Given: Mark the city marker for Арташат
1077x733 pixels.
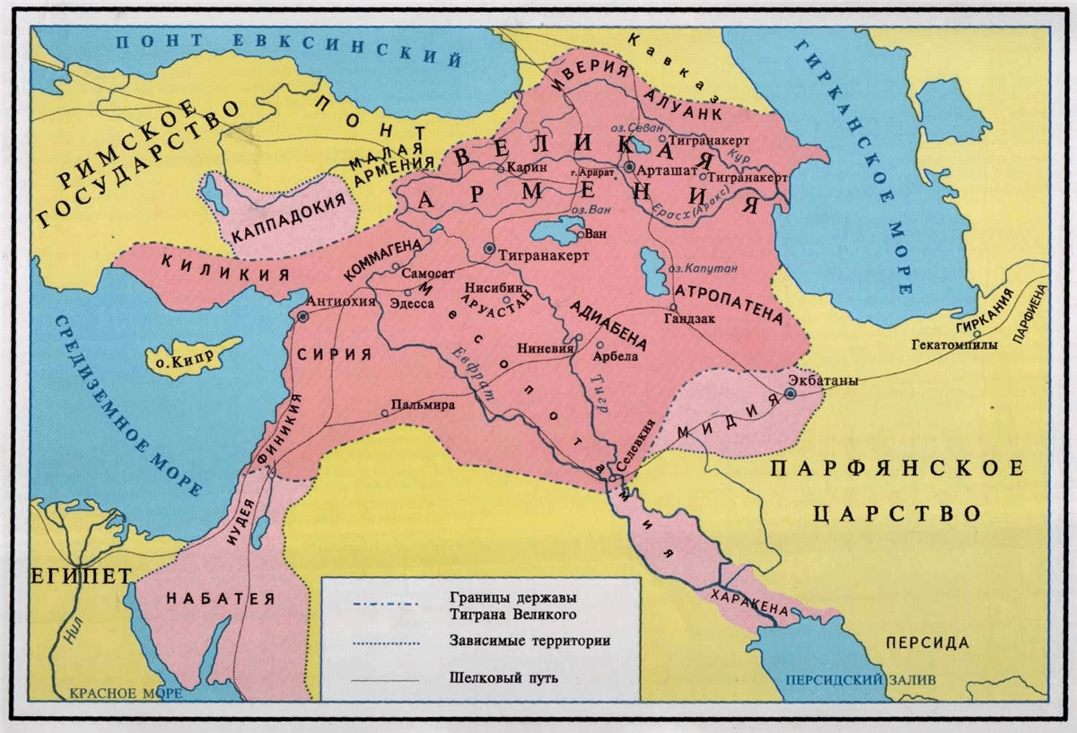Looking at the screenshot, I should (x=630, y=167).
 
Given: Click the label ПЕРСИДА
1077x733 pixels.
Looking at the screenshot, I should (x=927, y=642).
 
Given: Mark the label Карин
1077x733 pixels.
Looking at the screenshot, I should (x=527, y=167).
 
